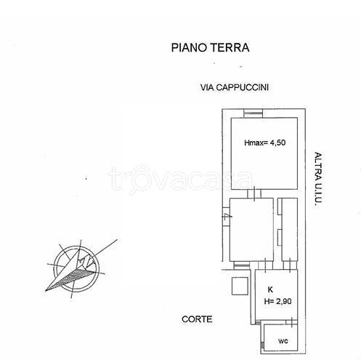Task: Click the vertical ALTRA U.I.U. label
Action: tap(317, 178)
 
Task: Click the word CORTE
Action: tap(198, 319)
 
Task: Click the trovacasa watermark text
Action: tap(179, 177)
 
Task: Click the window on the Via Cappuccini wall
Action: tap(253, 112)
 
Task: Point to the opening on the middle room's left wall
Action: tap(226, 216)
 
